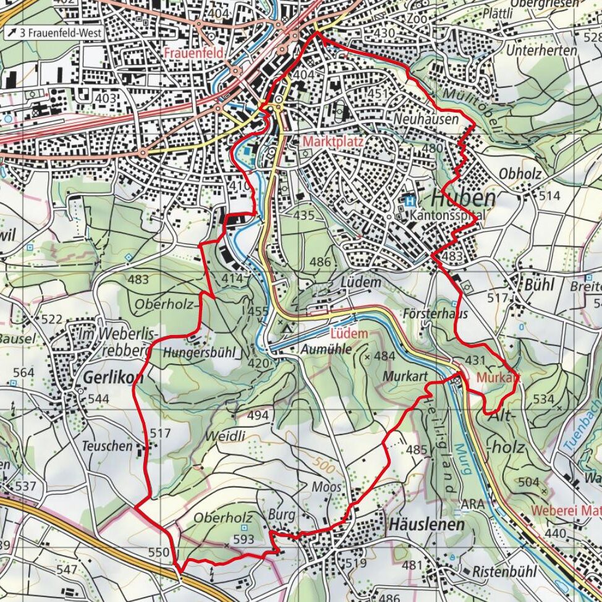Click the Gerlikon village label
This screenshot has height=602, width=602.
[x=108, y=378]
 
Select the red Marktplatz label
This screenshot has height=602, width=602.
[x=333, y=142]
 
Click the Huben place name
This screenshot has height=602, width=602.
[x=463, y=198]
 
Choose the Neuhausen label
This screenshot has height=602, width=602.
[x=426, y=119]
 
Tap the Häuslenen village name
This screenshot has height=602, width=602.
[x=426, y=525]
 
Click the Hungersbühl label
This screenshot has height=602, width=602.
[x=200, y=353]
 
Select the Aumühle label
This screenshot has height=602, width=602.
[x=326, y=350]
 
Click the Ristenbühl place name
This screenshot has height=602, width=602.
[x=504, y=572]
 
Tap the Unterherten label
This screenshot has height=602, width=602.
[x=541, y=51]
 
